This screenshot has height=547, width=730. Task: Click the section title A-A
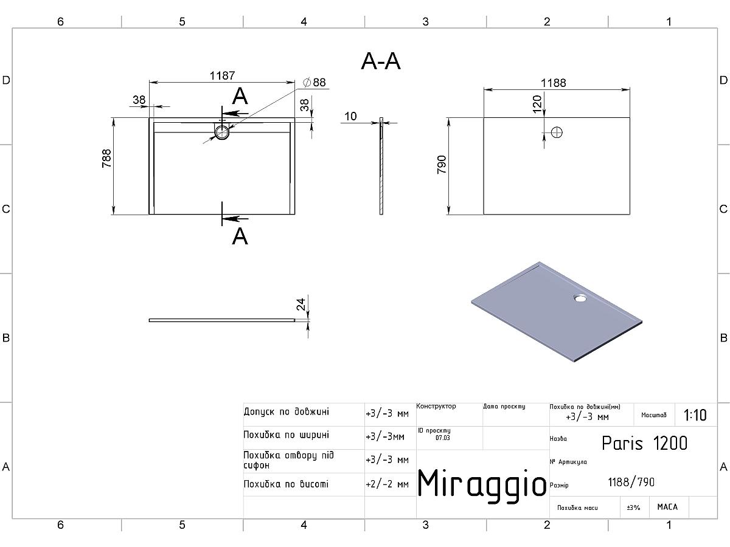[x=381, y=61]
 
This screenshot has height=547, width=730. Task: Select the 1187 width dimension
[x=222, y=76]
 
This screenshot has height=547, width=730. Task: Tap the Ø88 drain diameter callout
[x=314, y=83]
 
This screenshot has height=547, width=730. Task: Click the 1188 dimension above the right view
[x=554, y=83]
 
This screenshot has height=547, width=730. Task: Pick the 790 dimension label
[x=442, y=165]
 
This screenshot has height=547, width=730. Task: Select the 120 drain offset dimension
[x=537, y=103]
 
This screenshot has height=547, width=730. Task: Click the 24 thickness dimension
[x=301, y=305]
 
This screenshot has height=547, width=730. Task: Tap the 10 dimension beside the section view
[x=350, y=117]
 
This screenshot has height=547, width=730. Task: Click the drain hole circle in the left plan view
[x=222, y=132]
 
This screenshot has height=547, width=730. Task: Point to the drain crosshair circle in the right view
[x=556, y=132]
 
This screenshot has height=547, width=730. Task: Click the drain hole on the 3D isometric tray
[x=580, y=298]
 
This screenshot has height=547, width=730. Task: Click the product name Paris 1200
[x=644, y=443]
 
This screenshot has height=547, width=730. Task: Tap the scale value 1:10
[x=695, y=415]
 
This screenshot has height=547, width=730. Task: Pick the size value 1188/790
[x=631, y=483]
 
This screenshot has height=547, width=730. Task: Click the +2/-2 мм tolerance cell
[x=387, y=484]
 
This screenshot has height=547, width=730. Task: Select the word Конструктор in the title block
[x=436, y=407]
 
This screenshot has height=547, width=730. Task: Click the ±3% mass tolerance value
[x=633, y=507]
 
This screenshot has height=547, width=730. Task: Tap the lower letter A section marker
[x=240, y=236]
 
